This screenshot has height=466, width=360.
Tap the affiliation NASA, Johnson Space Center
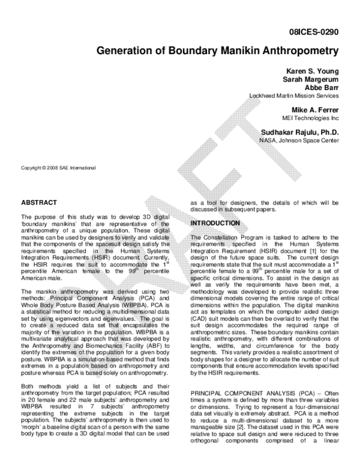299,141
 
